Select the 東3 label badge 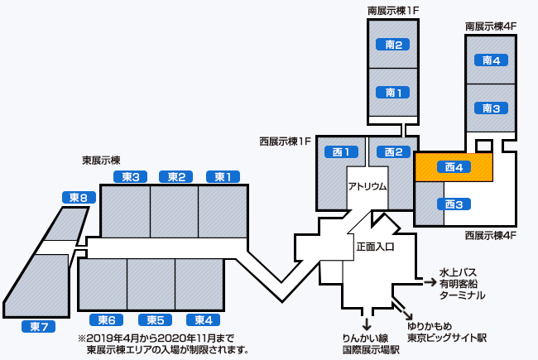point(129,176)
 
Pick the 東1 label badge point(223,176)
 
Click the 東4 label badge point(203,320)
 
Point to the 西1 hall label point(345,151)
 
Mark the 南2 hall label point(394,45)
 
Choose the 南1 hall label point(394,92)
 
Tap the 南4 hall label point(491,60)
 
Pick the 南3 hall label point(491,108)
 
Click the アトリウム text point(367,186)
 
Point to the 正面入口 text point(375,247)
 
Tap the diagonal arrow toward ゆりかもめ point(409,314)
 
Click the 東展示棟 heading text point(101,160)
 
